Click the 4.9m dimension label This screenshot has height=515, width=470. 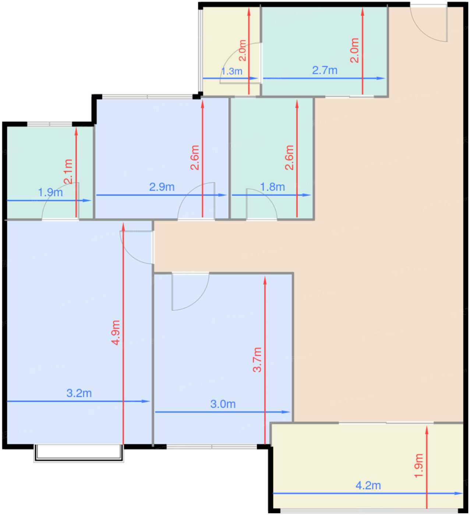coord(116,333)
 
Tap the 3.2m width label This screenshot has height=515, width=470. coord(79,393)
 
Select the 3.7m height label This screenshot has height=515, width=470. coord(257,360)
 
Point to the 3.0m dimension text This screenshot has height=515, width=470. coord(223,404)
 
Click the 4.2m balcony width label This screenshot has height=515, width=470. coord(368,486)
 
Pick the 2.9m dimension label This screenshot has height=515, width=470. coord(162,187)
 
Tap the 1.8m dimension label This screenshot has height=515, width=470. coord(273,187)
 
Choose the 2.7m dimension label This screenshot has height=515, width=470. coord(325,70)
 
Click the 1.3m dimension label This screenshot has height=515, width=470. coord(232,71)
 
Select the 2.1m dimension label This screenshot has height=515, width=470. coord(68,171)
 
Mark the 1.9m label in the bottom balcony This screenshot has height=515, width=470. coord(419,466)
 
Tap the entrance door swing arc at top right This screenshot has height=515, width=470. coord(424,29)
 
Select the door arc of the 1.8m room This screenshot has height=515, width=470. coord(267,197)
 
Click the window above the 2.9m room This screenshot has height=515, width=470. coord(147,96)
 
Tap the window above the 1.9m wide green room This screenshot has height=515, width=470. coord(50,124)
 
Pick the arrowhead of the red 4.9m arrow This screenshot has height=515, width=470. coord(123,227)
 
